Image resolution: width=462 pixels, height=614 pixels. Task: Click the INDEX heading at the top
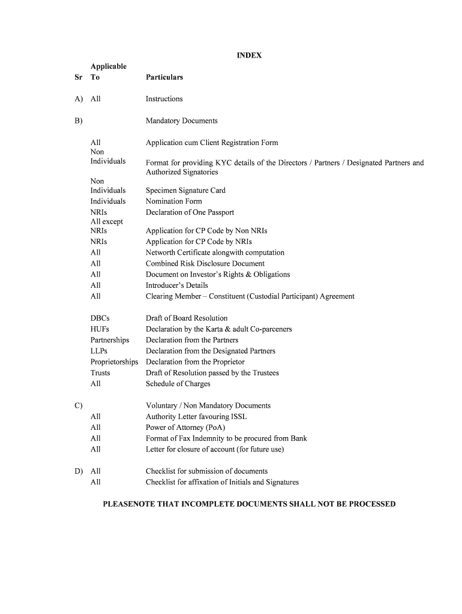(249, 56)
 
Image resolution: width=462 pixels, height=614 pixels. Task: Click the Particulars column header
(164, 77)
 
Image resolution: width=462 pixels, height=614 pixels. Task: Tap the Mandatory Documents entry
(181, 121)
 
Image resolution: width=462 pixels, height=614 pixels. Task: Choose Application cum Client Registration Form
(212, 143)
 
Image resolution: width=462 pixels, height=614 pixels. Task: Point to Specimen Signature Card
(185, 191)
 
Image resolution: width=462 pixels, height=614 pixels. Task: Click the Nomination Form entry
(173, 201)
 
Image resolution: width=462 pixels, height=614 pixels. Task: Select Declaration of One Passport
(190, 212)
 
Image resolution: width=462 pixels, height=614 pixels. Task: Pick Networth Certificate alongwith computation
(215, 253)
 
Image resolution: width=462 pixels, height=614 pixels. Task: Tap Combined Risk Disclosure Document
(205, 264)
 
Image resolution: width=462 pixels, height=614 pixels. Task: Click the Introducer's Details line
(176, 285)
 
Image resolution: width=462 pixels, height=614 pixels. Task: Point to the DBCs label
(100, 318)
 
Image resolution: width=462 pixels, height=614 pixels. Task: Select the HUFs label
(100, 329)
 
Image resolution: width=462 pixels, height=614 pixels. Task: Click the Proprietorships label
(114, 362)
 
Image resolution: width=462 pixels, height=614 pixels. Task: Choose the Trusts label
(100, 373)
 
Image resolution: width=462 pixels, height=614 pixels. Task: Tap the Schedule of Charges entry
(178, 384)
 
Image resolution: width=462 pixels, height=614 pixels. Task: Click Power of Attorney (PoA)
(185, 428)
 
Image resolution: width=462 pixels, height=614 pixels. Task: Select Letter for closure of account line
(214, 449)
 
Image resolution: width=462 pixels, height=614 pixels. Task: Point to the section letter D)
(79, 471)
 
